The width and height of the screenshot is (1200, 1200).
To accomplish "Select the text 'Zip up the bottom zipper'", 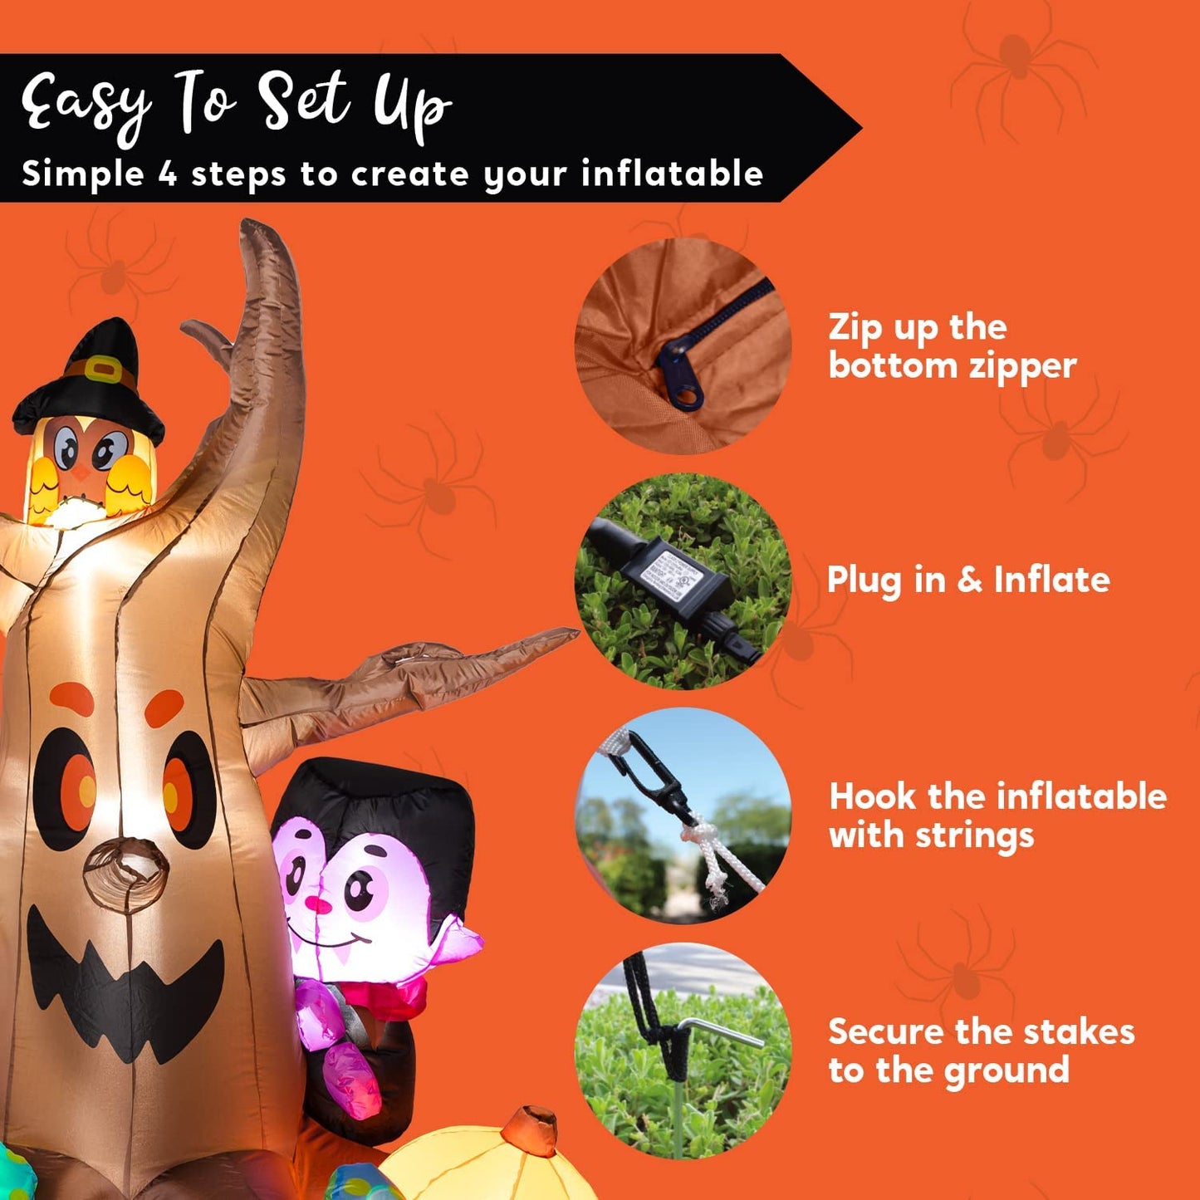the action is pyautogui.click(x=952, y=346).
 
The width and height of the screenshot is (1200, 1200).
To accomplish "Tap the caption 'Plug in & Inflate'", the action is pyautogui.click(x=968, y=580).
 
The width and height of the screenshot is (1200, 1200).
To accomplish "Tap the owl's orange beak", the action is pyautogui.click(x=81, y=472).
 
